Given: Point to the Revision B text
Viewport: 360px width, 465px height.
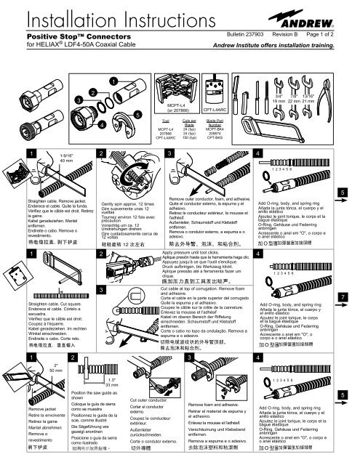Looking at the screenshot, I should pos(286,34).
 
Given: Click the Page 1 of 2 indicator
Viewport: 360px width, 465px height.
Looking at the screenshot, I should pos(331,34).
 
